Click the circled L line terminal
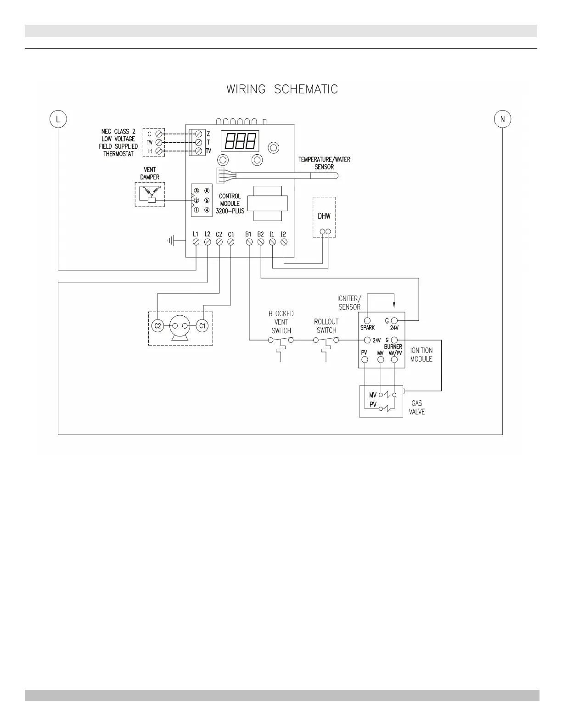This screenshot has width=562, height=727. tap(58, 119)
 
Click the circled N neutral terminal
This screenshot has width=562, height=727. tap(502, 119)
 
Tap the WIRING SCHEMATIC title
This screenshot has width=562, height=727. tap(282, 89)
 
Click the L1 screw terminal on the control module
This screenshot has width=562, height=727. tap(196, 242)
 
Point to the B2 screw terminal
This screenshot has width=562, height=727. tap(260, 242)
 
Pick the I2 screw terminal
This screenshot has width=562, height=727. tap(284, 242)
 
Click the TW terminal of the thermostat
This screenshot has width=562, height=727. tap(159, 142)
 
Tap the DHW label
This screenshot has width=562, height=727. tap(324, 216)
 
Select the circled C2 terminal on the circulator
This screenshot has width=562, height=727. tap(157, 326)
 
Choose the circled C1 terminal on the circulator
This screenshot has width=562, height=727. tap(202, 326)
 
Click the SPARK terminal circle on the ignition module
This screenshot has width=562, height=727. tap(367, 320)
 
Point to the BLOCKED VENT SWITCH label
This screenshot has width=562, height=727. tap(281, 322)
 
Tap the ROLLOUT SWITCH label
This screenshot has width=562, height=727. tap(326, 326)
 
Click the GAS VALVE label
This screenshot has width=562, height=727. tap(417, 408)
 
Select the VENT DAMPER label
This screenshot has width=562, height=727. tap(150, 173)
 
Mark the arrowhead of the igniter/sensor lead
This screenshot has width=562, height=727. tap(394, 307)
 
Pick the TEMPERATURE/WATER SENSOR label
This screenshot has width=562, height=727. tap(324, 163)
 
